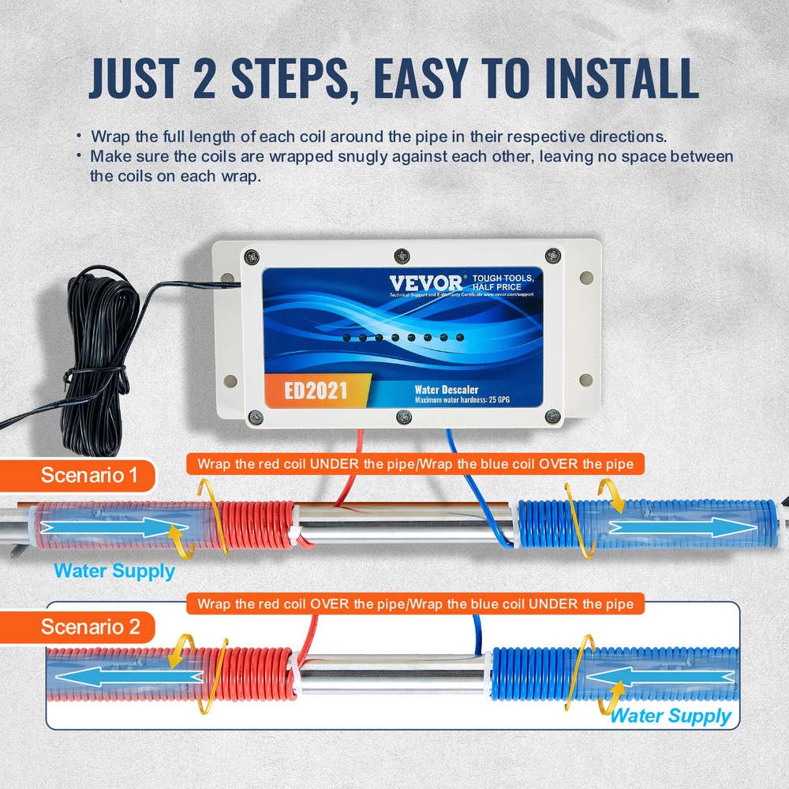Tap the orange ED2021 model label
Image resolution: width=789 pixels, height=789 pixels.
316,391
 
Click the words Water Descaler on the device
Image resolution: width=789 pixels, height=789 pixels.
447,390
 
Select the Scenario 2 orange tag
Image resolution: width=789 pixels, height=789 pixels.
90,627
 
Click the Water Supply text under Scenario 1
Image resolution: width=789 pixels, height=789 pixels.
114,571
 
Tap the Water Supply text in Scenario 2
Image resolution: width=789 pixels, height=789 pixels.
671,716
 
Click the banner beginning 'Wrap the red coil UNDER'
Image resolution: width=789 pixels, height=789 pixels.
415,464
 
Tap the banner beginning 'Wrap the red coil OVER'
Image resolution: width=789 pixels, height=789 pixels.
415,604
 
